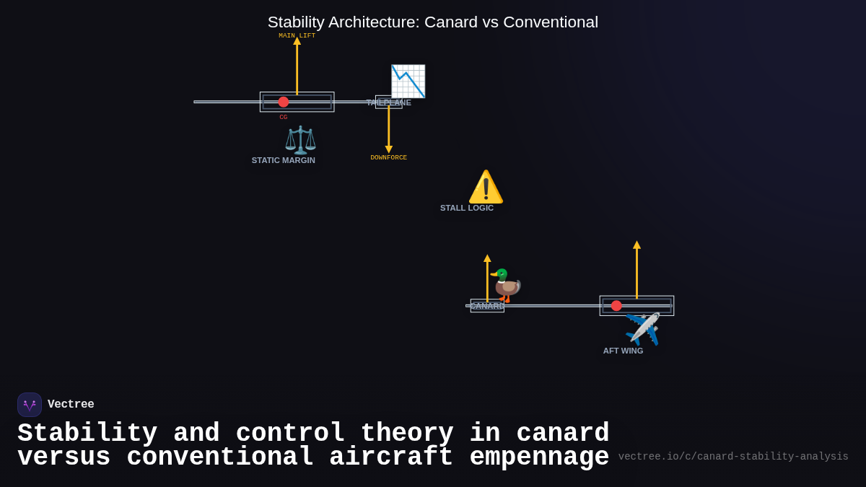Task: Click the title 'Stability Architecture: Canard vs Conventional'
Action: [432, 22]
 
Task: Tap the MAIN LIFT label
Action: [297, 35]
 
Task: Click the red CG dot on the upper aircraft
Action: [284, 102]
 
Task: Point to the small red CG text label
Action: [284, 117]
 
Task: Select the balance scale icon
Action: [300, 140]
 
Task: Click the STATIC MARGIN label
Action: [284, 160]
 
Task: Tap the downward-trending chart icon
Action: [408, 82]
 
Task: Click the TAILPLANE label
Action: [388, 102]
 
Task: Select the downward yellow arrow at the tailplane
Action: [388, 130]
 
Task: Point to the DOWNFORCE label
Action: [388, 157]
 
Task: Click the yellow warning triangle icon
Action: [486, 188]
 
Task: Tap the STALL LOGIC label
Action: [467, 208]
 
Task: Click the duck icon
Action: [505, 285]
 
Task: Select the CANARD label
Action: [487, 306]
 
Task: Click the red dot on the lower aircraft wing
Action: [616, 306]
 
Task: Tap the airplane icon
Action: [642, 329]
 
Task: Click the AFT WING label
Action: [623, 351]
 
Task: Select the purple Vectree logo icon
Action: [30, 405]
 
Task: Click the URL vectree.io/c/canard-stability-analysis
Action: [733, 457]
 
